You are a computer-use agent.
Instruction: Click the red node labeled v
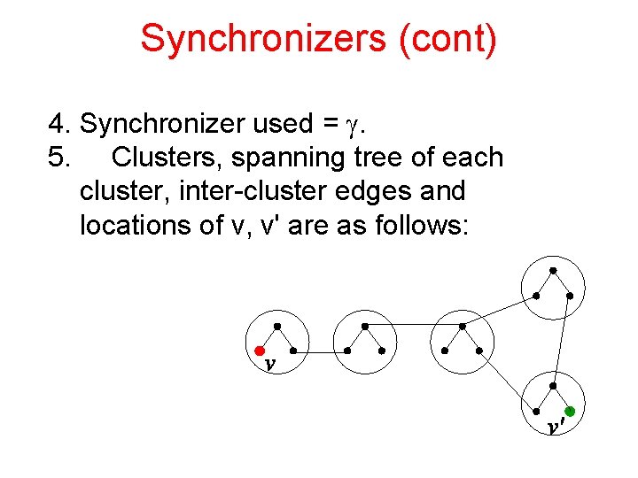pos(261,351)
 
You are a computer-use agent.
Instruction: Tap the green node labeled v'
pos(570,412)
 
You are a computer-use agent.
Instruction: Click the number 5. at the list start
pos(60,158)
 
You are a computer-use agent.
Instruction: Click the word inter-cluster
pos(245,191)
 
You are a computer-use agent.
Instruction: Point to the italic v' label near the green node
pos(555,427)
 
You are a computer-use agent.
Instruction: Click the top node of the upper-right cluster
pos(553,270)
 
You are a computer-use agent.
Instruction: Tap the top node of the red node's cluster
pos(277,327)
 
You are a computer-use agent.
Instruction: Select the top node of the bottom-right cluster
pos(553,386)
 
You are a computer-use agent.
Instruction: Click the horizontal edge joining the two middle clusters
pos(415,326)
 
